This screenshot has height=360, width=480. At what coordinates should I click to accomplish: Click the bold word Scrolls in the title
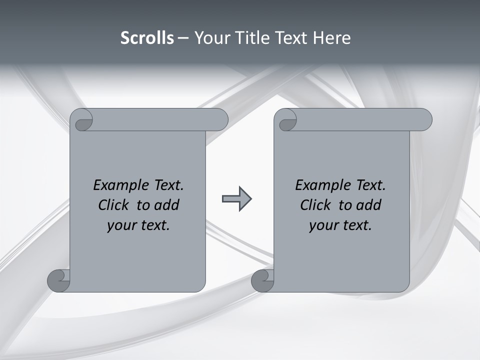(x=147, y=38)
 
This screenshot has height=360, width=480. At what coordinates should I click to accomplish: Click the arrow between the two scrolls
(x=236, y=199)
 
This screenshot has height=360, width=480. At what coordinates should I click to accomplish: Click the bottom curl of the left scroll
(x=59, y=280)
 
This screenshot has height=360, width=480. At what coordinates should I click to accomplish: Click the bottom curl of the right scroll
(x=262, y=280)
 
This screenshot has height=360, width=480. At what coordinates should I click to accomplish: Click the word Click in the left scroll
(x=115, y=205)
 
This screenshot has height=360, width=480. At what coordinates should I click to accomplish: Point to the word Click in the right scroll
(x=317, y=205)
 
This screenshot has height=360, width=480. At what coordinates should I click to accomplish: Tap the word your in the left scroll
(x=120, y=225)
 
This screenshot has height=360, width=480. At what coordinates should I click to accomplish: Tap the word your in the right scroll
(x=322, y=225)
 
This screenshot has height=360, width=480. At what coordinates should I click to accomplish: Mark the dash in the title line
(x=183, y=38)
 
